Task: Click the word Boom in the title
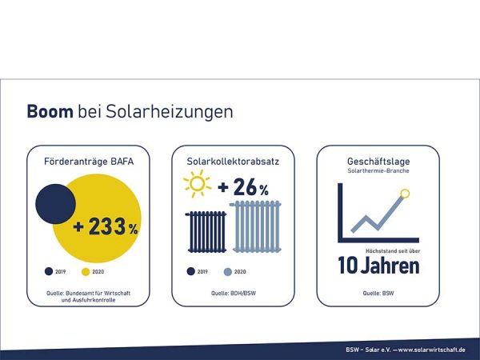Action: (50, 111)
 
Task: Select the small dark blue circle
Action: (55, 203)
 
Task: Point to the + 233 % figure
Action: (105, 227)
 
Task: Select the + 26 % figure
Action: (242, 189)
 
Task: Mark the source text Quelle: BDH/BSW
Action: (232, 294)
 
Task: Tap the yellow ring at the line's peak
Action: (406, 193)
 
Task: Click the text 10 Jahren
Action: (378, 266)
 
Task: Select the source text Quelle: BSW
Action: (378, 294)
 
